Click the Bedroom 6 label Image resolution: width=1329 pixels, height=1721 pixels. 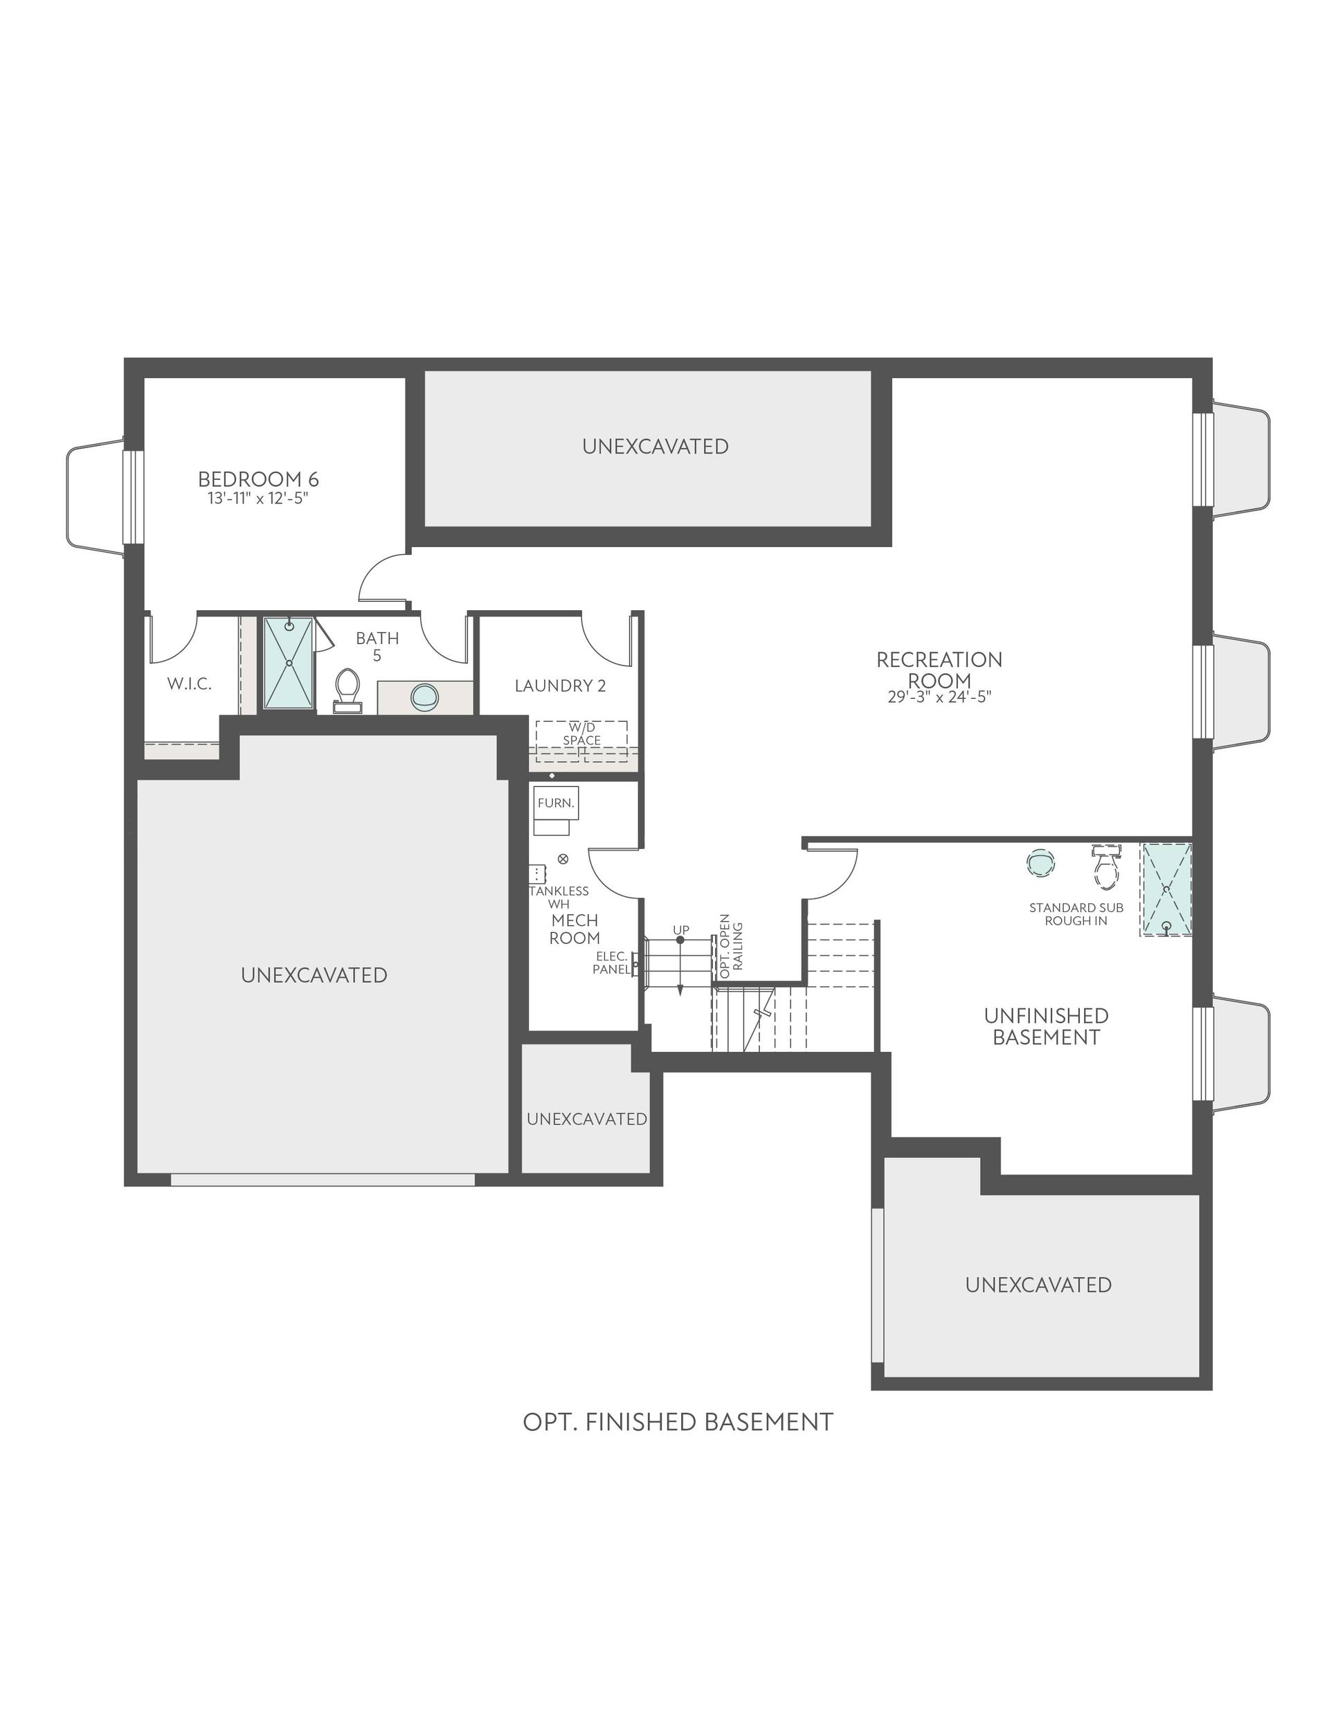pos(258,479)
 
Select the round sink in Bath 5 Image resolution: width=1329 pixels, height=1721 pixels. pos(424,696)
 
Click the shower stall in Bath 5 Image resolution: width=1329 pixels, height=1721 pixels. pos(289,663)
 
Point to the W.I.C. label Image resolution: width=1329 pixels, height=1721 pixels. pos(189,683)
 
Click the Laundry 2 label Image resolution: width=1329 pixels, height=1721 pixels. pos(560,686)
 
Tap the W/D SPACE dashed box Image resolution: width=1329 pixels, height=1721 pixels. pos(581,734)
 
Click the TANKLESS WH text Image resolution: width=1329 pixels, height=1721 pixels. pos(559,897)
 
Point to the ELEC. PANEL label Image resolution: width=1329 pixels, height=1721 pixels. pos(612,962)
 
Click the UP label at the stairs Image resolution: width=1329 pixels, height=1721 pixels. pos(680,930)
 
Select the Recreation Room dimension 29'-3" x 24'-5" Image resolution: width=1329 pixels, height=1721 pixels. pos(939,697)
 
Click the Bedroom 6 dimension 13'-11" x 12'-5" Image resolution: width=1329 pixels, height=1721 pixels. pos(257,498)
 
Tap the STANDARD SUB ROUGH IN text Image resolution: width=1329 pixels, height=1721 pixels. pos(1076,914)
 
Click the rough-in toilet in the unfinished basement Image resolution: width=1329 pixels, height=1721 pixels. pos(1107,867)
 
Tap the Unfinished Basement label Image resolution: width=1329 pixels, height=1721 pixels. pos(1046,1026)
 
